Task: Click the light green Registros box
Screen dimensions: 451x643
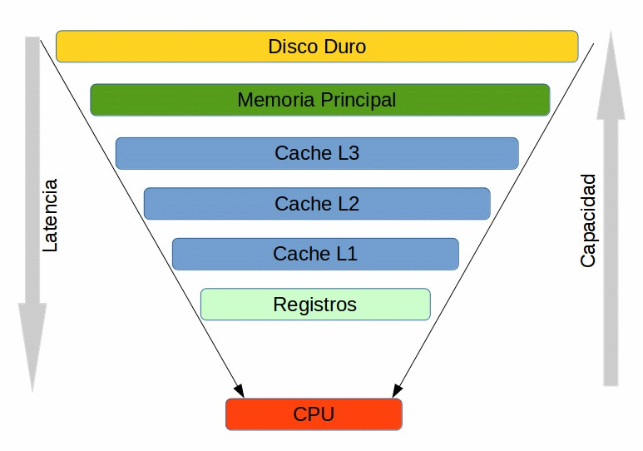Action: (x=315, y=305)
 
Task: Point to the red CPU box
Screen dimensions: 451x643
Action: (x=314, y=414)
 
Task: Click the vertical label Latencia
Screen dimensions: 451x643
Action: (x=50, y=215)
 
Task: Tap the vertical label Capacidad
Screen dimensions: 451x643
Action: (x=588, y=221)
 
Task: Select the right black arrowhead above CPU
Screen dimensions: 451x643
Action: (x=397, y=389)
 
